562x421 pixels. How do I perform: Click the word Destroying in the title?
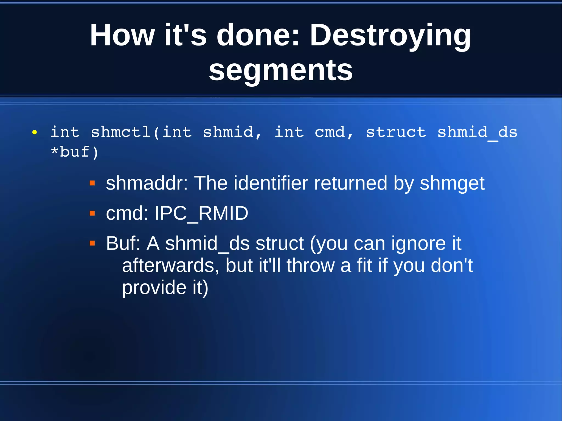tap(390, 36)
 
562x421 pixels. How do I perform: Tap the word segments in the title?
tap(280, 70)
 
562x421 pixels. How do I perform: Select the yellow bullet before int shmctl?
tap(34, 133)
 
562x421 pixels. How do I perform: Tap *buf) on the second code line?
tap(75, 152)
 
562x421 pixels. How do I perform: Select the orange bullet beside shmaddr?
tap(92, 183)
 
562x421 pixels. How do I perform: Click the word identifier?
tap(271, 183)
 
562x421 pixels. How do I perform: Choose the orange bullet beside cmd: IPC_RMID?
tap(92, 213)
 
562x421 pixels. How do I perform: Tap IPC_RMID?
tap(201, 213)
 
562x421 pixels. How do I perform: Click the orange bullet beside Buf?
tap(92, 243)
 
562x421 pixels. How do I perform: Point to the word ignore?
tap(418, 244)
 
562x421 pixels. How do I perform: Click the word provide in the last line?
tap(154, 287)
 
